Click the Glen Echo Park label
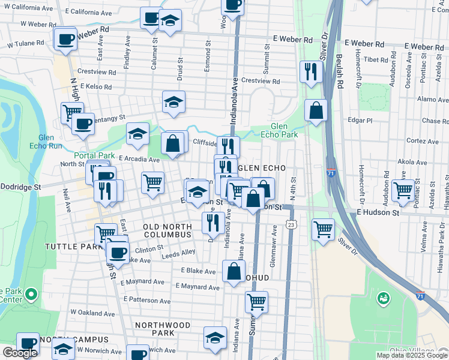(x=284, y=130)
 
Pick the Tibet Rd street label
(x=376, y=60)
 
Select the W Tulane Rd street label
(x=24, y=43)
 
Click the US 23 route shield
(x=291, y=224)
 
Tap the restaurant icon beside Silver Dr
(x=311, y=72)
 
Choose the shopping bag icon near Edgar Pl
(x=316, y=111)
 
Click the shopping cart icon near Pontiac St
(x=403, y=191)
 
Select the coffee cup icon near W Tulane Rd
(x=65, y=40)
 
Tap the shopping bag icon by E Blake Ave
(x=234, y=271)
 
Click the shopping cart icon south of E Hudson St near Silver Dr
(x=324, y=229)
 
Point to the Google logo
(x=20, y=353)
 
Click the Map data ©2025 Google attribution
(x=412, y=355)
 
